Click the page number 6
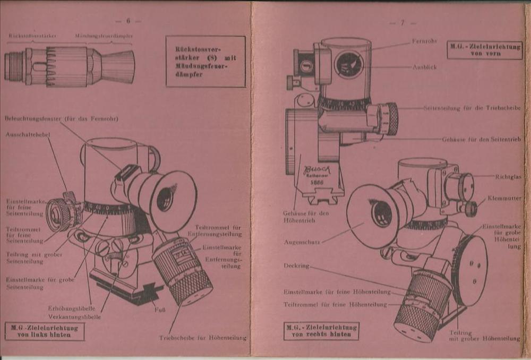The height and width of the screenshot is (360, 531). [x=128, y=21]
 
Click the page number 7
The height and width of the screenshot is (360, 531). [x=402, y=23]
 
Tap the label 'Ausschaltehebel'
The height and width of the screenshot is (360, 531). [x=28, y=135]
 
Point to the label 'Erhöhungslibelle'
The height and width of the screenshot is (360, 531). [x=71, y=308]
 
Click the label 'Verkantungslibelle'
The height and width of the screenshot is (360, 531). [x=74, y=316]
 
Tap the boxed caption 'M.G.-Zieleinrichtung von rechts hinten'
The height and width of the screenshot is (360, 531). [x=321, y=331]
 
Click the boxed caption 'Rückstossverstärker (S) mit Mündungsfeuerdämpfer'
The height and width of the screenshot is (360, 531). [x=205, y=62]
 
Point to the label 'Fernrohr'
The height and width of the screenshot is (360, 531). [x=424, y=41]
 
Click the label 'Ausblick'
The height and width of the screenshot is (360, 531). [x=425, y=67]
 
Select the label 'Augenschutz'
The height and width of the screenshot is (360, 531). [x=302, y=242]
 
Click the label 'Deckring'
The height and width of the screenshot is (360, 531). [x=296, y=265]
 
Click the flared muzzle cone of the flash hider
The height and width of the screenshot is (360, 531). [x=117, y=66]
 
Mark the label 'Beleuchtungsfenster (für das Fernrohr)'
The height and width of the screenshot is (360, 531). [x=61, y=118]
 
